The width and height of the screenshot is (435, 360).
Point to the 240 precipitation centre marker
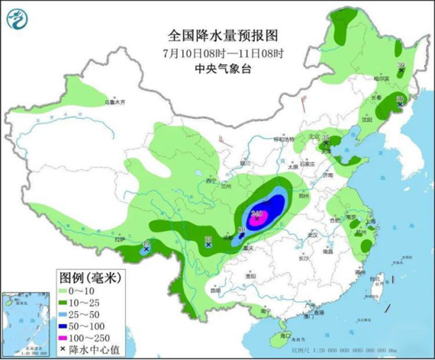256,215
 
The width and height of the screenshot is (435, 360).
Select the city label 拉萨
120,239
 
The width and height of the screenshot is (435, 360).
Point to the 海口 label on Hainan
286,335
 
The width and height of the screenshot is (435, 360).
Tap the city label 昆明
215,290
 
